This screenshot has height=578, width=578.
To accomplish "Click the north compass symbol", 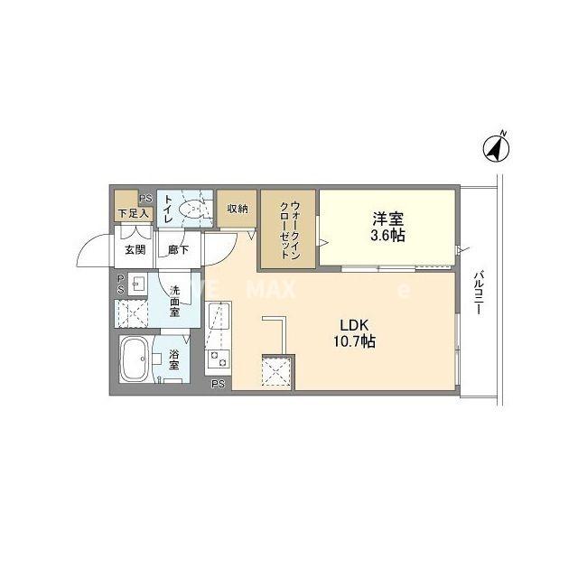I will pos(494,146).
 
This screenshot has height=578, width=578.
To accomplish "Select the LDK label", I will pos(353,325).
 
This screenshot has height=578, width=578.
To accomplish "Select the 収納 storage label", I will pos(238,209).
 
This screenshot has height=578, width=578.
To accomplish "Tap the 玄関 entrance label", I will pos(135,249).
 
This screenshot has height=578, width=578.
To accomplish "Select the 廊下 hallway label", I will pos(178,249).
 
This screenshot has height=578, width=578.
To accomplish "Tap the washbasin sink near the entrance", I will pos(135,286).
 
